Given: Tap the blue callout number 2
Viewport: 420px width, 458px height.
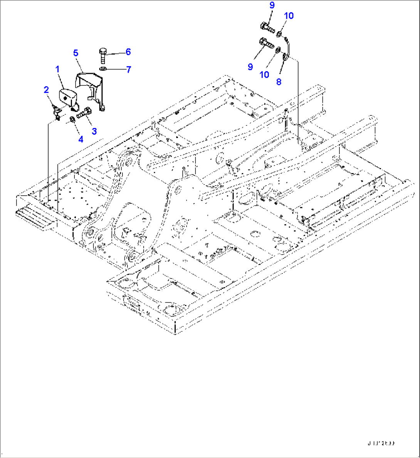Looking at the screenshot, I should pyautogui.click(x=46, y=90).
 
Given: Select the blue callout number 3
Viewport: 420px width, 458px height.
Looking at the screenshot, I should pyautogui.click(x=94, y=131).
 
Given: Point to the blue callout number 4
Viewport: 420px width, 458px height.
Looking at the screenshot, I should pyautogui.click(x=81, y=139).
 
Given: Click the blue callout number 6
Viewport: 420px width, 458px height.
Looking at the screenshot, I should pyautogui.click(x=128, y=52).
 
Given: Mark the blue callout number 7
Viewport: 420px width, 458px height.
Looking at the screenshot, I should pyautogui.click(x=128, y=69).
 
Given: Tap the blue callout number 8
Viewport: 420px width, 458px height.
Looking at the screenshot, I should pyautogui.click(x=279, y=82).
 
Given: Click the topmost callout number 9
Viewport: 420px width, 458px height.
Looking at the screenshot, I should pyautogui.click(x=272, y=5).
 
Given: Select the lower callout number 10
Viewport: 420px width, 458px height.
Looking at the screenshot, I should pyautogui.click(x=264, y=74).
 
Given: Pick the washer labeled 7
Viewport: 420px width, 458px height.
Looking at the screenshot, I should pyautogui.click(x=103, y=68).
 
